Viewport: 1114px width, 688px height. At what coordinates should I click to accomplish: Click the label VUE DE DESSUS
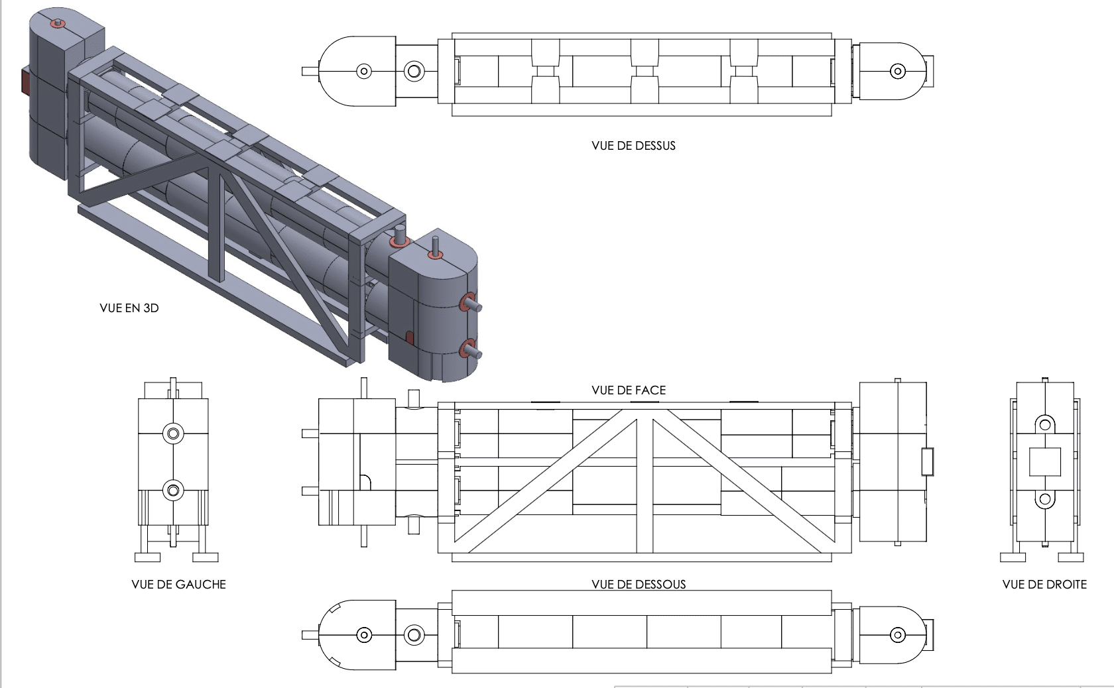633,146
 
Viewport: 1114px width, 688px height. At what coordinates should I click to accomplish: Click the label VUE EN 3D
129,308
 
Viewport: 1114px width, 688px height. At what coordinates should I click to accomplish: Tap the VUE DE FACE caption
628,390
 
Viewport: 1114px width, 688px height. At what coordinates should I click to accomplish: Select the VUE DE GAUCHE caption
178,585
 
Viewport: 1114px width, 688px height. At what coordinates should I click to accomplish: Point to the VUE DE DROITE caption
1044,585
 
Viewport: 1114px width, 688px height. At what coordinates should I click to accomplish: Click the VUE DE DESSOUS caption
639,585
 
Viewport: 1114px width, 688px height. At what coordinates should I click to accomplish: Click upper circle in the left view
173,434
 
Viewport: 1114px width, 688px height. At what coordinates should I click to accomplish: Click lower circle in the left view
173,491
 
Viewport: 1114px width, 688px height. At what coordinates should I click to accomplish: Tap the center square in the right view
1045,462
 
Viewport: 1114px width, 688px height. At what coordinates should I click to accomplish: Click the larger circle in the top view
414,71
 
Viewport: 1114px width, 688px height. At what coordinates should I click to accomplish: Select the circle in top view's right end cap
898,71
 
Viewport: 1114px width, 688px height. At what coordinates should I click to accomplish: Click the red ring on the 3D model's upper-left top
58,25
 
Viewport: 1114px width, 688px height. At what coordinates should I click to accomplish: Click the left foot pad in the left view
147,557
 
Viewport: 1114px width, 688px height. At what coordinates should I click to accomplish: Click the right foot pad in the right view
1072,557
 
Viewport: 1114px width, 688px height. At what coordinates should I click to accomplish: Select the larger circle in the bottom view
414,635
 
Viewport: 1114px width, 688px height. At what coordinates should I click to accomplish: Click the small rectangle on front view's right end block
927,462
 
